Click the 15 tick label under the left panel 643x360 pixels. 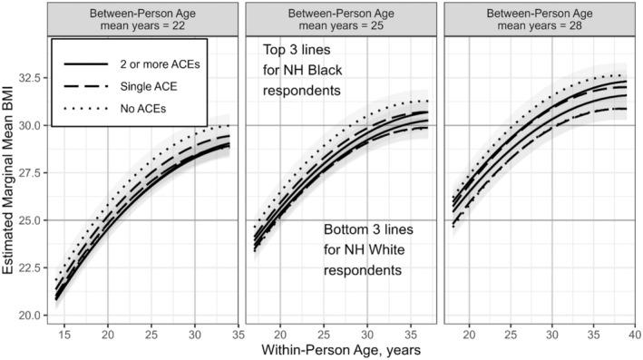tap(64, 332)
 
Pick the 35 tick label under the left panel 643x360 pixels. tap(238, 332)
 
